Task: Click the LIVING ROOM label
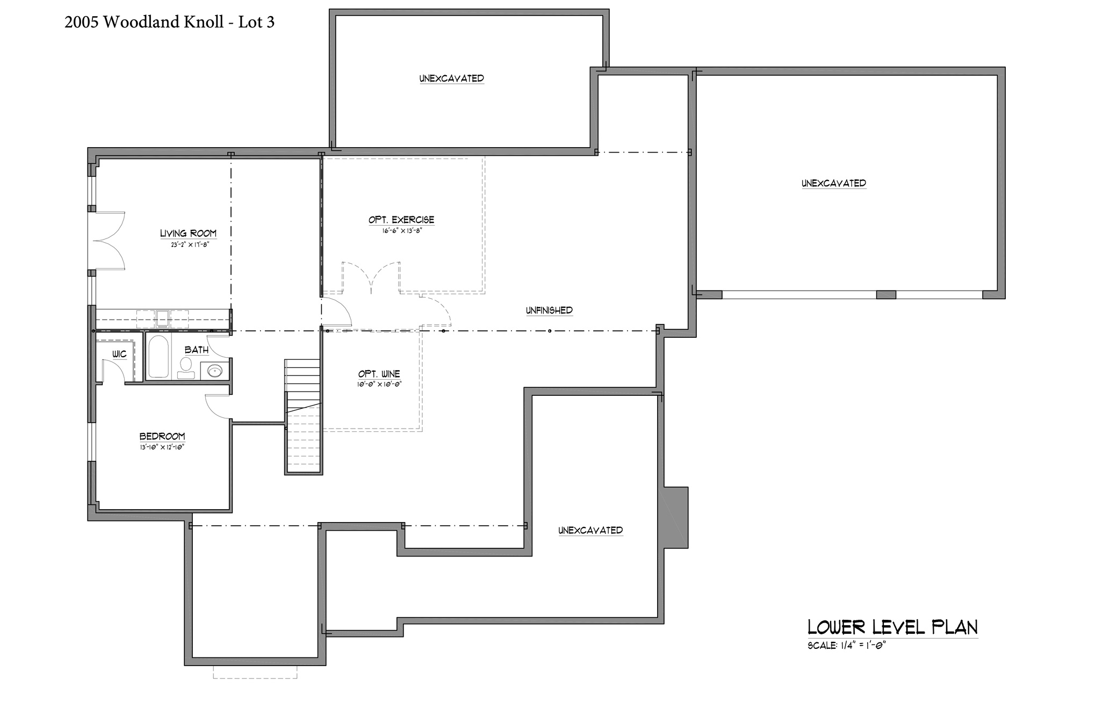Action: (188, 233)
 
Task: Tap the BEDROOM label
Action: (162, 437)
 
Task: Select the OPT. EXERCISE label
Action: (401, 220)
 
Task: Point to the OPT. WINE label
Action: (379, 374)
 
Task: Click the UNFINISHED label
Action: (549, 310)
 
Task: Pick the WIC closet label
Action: (119, 354)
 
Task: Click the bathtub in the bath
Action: (158, 357)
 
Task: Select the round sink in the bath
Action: (215, 371)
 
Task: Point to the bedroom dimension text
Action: (162, 447)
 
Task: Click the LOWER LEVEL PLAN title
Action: (893, 627)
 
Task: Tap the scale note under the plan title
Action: (846, 646)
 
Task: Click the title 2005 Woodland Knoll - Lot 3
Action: (169, 22)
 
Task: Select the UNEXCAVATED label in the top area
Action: (452, 78)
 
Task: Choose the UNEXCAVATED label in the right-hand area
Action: (834, 183)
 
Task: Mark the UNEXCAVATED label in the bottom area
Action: (590, 530)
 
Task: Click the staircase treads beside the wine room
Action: (304, 416)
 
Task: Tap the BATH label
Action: (197, 350)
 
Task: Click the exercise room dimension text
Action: (401, 230)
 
